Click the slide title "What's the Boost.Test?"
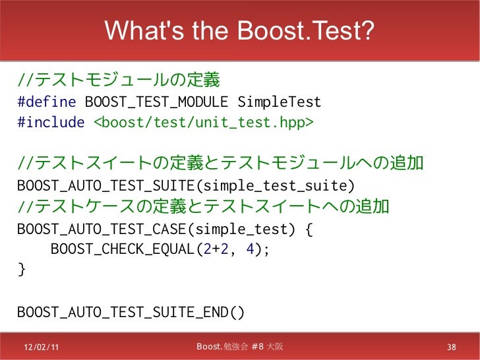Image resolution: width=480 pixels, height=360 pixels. [239, 30]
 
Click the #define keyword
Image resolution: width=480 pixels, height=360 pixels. [48, 103]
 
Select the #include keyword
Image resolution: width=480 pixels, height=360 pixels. [51, 123]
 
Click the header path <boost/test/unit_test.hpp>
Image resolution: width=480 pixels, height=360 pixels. [204, 123]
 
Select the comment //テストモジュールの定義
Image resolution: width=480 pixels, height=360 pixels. [119, 82]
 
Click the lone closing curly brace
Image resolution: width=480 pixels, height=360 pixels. [21, 269]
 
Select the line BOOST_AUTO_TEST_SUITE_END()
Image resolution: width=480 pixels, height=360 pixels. [131, 311]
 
